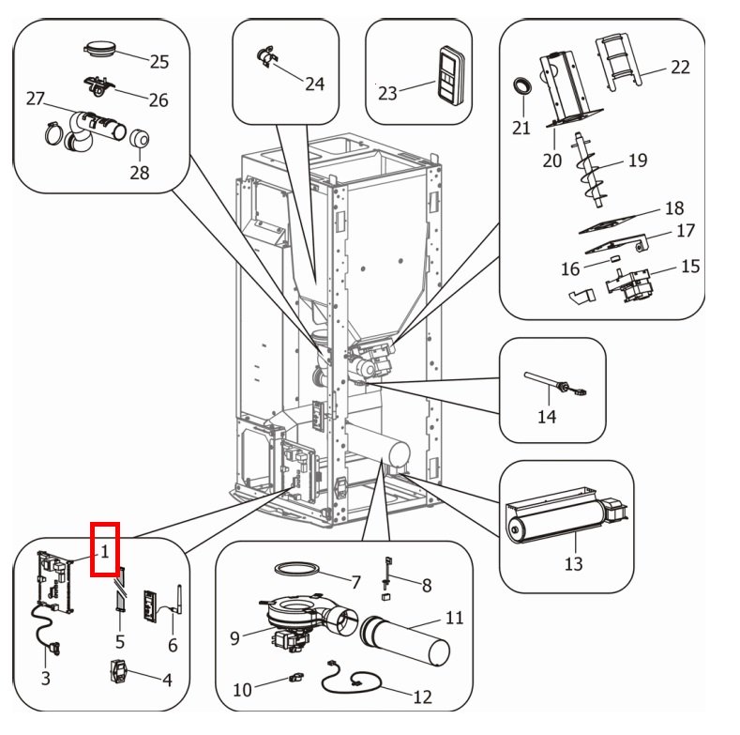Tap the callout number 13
click(x=573, y=563)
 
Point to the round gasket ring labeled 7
click(x=296, y=569)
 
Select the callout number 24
click(x=314, y=84)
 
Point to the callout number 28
click(x=140, y=173)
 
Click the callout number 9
click(x=234, y=638)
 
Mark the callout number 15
click(x=690, y=267)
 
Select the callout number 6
click(x=173, y=645)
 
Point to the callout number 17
click(x=686, y=231)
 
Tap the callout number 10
click(x=243, y=690)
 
